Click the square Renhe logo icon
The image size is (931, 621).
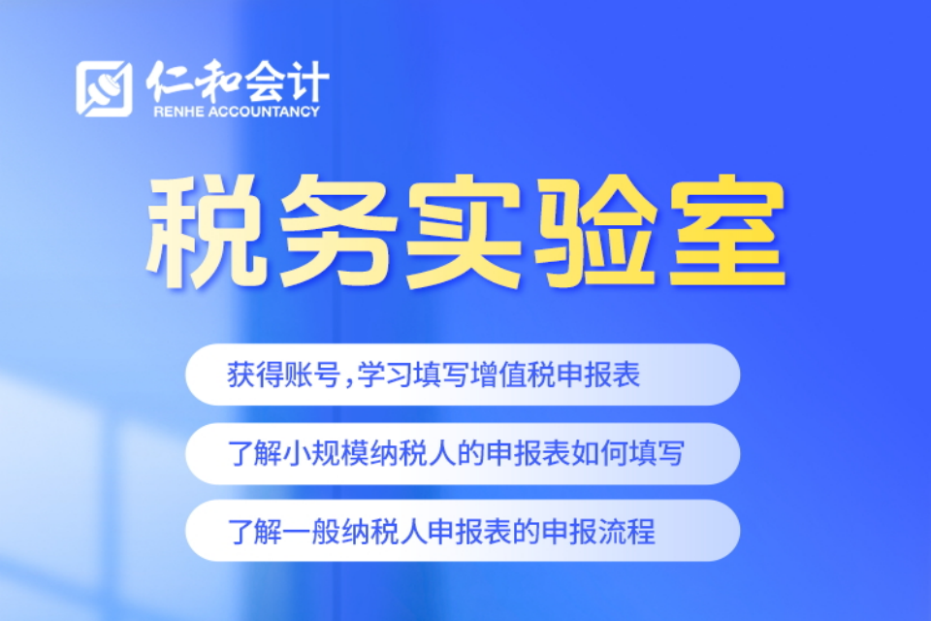104,88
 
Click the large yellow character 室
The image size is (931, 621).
726,232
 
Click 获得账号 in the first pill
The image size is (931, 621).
283,375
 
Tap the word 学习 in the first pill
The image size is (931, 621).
385,375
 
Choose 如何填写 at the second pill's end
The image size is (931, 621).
627,453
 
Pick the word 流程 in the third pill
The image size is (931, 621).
627,532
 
